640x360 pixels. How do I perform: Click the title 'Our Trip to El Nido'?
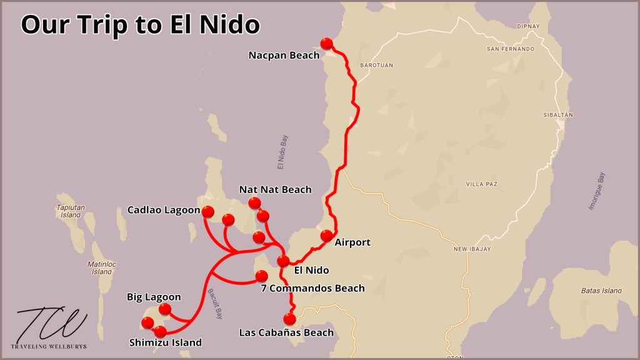point(140,24)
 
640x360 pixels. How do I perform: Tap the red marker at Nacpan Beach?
point(326,43)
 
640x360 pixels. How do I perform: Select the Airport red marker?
point(326,236)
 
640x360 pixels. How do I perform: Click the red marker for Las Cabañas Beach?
point(289,319)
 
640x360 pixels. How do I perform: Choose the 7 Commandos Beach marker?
point(262,276)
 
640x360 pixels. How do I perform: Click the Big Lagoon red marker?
point(165,309)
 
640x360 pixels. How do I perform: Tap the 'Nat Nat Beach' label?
point(275,189)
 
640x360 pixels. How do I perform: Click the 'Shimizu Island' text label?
point(166,342)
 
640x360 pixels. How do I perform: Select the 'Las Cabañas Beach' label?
point(286,332)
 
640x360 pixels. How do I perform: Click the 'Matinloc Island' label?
point(100,267)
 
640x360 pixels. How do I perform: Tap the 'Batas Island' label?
point(601,291)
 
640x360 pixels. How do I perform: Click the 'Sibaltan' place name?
point(558,116)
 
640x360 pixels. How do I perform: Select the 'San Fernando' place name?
point(511,49)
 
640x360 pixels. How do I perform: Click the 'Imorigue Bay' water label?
point(597,191)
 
